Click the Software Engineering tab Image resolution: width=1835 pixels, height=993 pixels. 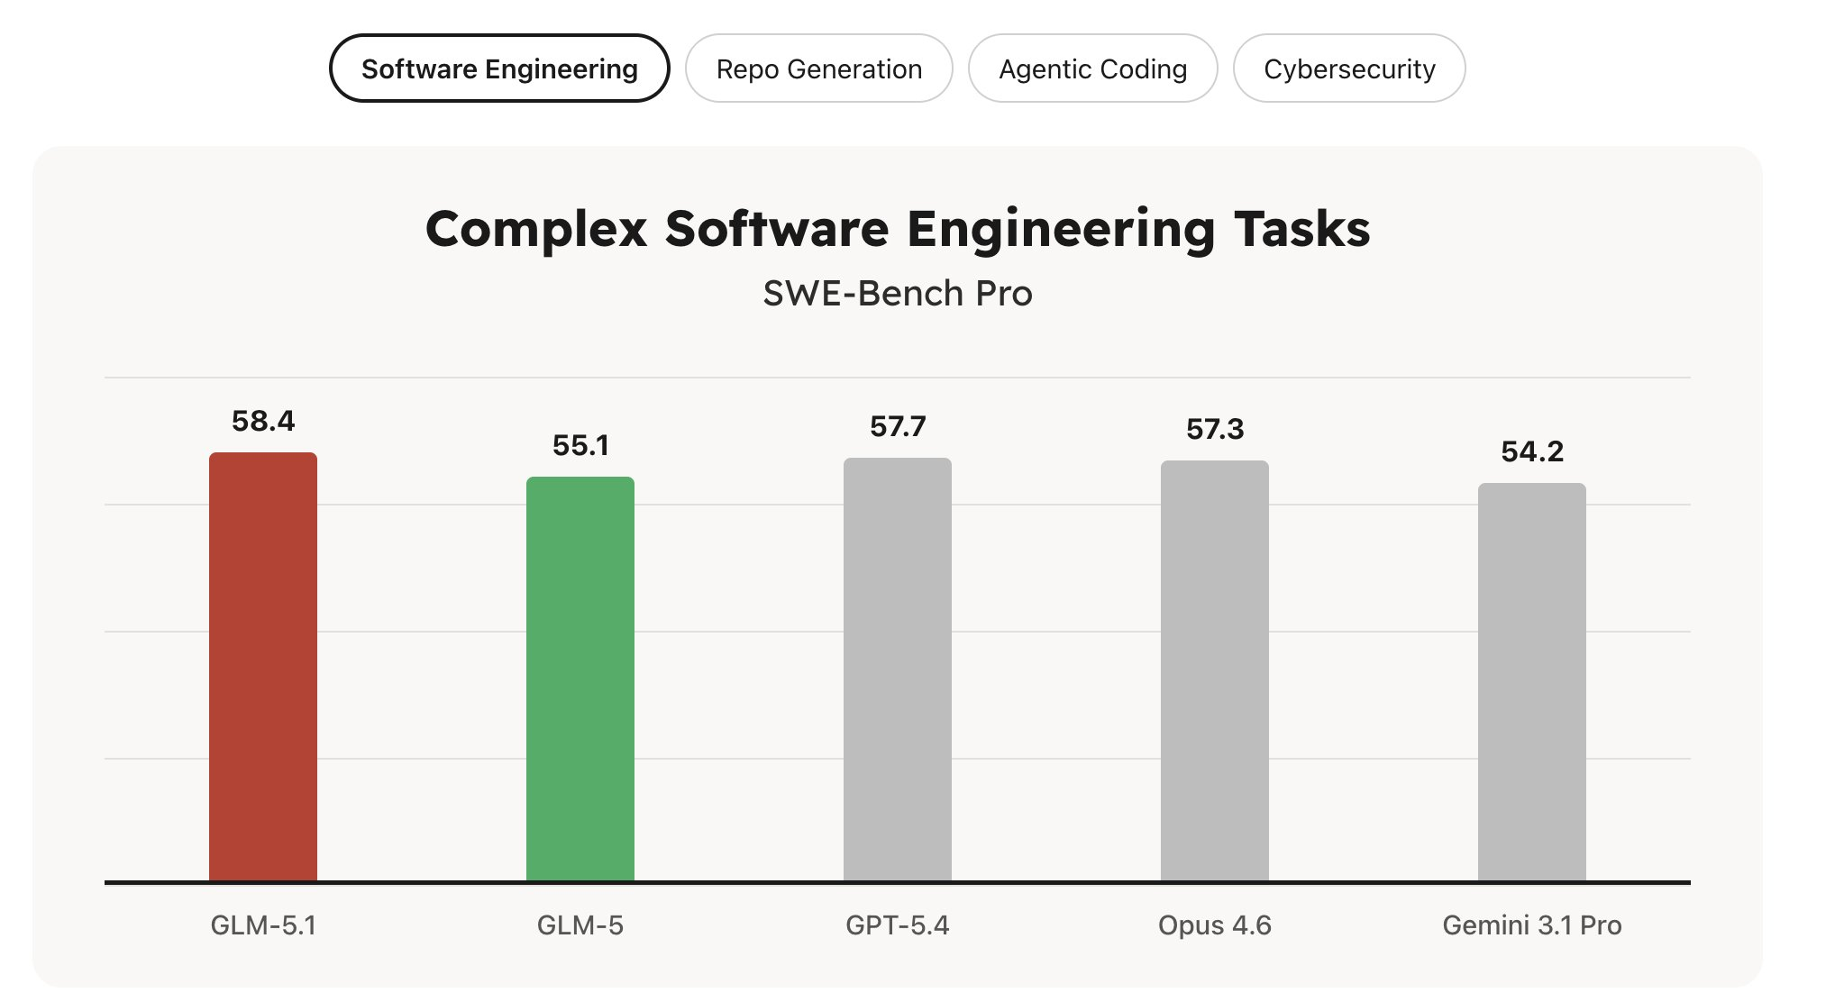pyautogui.click(x=499, y=68)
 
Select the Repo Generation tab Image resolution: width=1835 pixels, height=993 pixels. pyautogui.click(x=818, y=68)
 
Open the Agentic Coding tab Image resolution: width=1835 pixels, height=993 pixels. pyautogui.click(x=1092, y=68)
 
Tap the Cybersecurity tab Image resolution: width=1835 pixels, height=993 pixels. pyautogui.click(x=1349, y=68)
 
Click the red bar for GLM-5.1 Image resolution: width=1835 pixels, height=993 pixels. pyautogui.click(x=263, y=667)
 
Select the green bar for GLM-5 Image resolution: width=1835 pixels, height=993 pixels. pyautogui.click(x=580, y=679)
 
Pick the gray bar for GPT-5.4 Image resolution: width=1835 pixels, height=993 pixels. pyautogui.click(x=898, y=670)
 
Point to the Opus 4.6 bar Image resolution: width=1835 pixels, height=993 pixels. pyautogui.click(x=1215, y=671)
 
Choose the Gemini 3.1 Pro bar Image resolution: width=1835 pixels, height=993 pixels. pyautogui.click(x=1532, y=682)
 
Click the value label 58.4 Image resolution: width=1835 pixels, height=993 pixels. pyautogui.click(x=263, y=421)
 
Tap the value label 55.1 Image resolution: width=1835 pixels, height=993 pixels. pyautogui.click(x=580, y=445)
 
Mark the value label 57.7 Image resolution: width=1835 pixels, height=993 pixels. pyautogui.click(x=898, y=426)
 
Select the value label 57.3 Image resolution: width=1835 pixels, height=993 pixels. pyautogui.click(x=1215, y=429)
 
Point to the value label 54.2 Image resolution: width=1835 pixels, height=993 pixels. pyautogui.click(x=1532, y=451)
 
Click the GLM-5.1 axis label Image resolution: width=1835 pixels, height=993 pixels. pyautogui.click(x=263, y=925)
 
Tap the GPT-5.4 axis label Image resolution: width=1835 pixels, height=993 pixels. pyautogui.click(x=898, y=925)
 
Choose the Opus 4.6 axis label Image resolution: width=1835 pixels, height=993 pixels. pyautogui.click(x=1215, y=925)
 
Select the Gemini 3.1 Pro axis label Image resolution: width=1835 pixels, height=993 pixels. pyautogui.click(x=1532, y=925)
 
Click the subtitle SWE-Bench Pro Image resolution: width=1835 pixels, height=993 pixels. pyautogui.click(x=898, y=294)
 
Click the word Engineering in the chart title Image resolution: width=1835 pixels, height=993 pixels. pyautogui.click(x=1061, y=230)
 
